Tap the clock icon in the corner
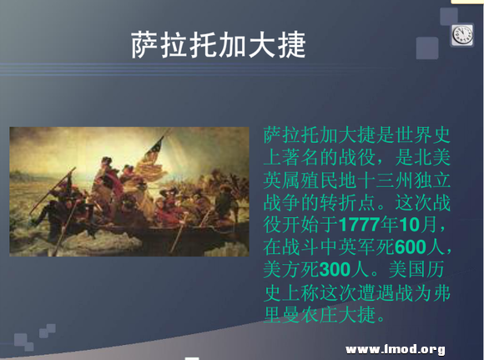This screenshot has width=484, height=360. coord(462,35)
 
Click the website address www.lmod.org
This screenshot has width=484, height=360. coord(394,348)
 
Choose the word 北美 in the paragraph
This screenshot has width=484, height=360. coord(430,156)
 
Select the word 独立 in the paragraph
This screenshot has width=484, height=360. coord(430,179)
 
